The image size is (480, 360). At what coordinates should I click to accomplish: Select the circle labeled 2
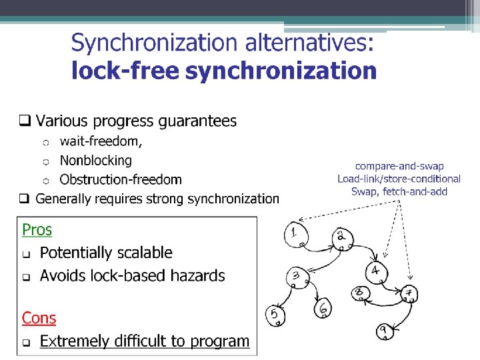coord(341,237)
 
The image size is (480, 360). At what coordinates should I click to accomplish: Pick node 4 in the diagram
coord(376,271)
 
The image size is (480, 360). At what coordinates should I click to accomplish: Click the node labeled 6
coord(322,308)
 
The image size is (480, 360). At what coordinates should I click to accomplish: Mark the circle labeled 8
coord(360,293)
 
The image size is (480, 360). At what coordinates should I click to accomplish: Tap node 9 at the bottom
coord(385,331)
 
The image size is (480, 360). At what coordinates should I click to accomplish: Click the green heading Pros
coord(37,230)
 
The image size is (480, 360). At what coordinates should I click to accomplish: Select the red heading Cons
coord(39,319)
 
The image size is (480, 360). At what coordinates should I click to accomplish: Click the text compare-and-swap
coord(399,166)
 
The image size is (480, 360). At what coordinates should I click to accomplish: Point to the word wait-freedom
coord(101,141)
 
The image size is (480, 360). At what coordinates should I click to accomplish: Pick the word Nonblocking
coord(96,161)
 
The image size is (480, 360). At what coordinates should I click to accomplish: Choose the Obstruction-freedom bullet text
coord(121,179)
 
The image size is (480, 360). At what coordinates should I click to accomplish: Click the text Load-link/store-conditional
coord(399,179)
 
